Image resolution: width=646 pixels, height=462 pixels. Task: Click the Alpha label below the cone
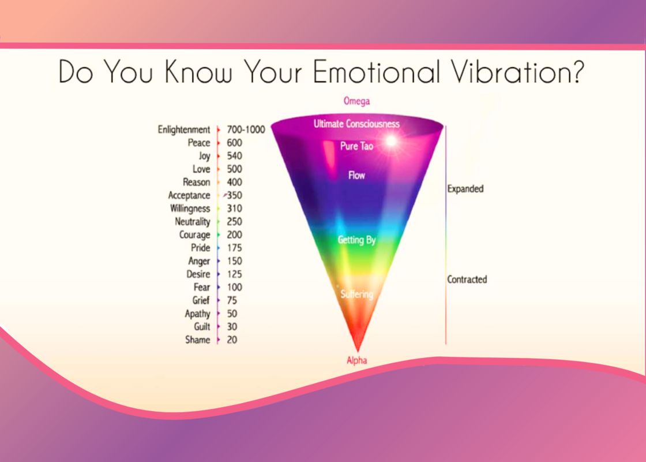pyautogui.click(x=357, y=360)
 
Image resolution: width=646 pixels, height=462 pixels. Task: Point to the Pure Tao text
pyautogui.click(x=357, y=146)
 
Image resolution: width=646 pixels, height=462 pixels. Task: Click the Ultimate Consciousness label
pyautogui.click(x=357, y=124)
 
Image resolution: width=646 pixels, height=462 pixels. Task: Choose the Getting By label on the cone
pyautogui.click(x=357, y=240)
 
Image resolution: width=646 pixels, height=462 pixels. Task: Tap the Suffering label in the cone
pyautogui.click(x=357, y=295)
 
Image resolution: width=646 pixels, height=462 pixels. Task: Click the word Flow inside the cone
pyautogui.click(x=357, y=176)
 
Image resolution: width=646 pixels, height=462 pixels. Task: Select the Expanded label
pyautogui.click(x=465, y=189)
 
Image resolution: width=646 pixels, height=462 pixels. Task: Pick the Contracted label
pyautogui.click(x=467, y=280)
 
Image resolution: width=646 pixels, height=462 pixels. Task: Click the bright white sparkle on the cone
pyautogui.click(x=391, y=141)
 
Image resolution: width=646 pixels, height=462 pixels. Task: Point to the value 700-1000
pyautogui.click(x=246, y=129)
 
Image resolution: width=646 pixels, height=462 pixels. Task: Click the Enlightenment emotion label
pyautogui.click(x=184, y=130)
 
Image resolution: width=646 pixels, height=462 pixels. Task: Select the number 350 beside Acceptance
pyautogui.click(x=234, y=195)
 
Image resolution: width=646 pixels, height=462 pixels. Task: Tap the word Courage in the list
pyautogui.click(x=194, y=235)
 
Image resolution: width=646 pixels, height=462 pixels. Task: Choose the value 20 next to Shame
pyautogui.click(x=232, y=340)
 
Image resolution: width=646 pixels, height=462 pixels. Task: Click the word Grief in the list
pyautogui.click(x=201, y=301)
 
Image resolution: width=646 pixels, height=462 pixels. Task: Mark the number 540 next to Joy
pyautogui.click(x=234, y=156)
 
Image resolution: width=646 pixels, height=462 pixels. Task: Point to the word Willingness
pyautogui.click(x=190, y=208)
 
